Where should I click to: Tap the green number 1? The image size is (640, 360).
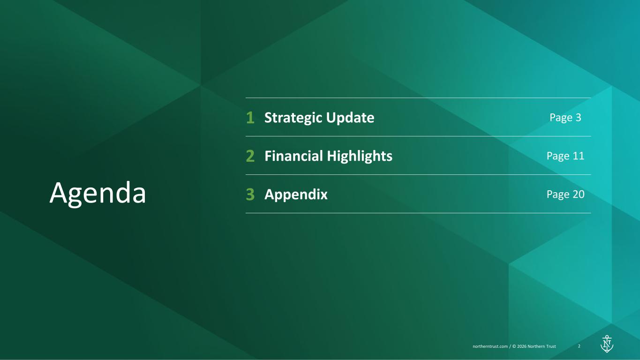tap(250, 118)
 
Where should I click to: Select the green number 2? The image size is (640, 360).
tap(250, 156)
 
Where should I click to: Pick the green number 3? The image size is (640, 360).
tap(250, 194)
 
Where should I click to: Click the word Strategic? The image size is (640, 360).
tap(294, 118)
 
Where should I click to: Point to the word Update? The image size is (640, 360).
tap(350, 118)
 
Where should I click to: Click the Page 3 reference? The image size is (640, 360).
tap(565, 118)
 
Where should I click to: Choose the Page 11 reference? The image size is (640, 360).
tap(565, 156)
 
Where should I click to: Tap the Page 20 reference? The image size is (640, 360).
tap(565, 194)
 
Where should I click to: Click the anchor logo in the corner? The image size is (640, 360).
tap(607, 344)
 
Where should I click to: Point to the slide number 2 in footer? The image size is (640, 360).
tap(579, 346)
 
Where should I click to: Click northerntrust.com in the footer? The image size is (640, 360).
tap(490, 346)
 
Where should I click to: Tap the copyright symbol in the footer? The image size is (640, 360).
tap(514, 346)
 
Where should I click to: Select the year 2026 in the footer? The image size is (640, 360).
tap(522, 346)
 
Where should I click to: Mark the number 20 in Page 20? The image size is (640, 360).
tap(579, 194)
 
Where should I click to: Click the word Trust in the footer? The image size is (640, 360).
tap(550, 346)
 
